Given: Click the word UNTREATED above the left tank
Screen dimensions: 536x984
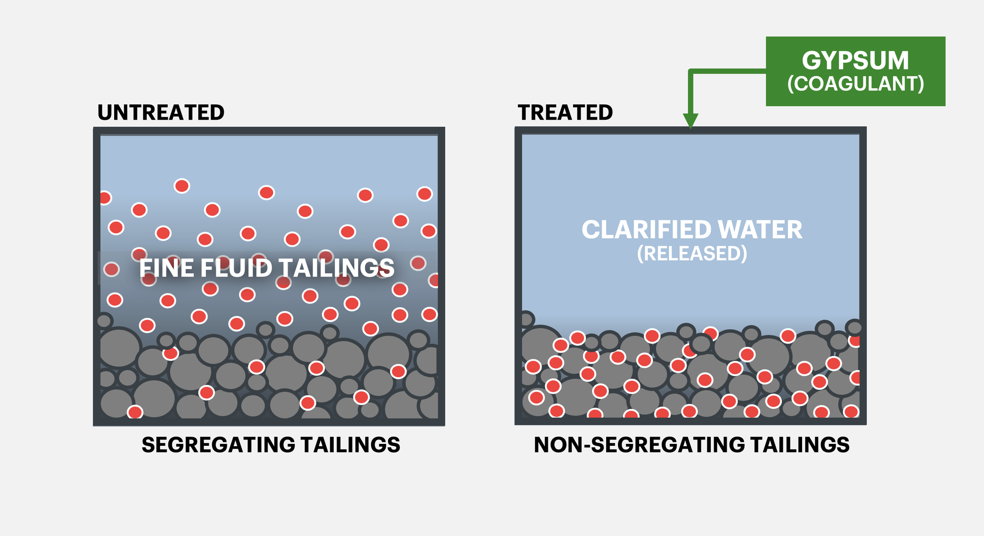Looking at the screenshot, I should (x=161, y=113).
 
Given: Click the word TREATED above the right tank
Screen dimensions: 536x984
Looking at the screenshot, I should (x=565, y=113).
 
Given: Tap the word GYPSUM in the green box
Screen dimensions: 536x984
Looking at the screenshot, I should (x=855, y=61).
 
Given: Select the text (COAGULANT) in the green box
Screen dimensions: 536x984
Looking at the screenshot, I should (x=855, y=83).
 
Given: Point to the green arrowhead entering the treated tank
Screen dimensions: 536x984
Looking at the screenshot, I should (x=690, y=121).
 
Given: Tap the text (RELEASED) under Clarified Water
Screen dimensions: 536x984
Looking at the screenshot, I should (x=692, y=254).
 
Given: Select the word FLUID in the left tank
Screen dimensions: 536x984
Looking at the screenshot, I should (x=236, y=268).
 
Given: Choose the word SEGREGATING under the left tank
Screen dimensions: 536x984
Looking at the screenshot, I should (x=218, y=445).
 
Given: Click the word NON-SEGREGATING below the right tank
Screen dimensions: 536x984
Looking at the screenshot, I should (x=639, y=445).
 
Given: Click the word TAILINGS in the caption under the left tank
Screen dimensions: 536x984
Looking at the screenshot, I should (x=350, y=445).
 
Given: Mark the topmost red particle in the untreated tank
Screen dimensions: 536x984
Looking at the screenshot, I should (x=182, y=186).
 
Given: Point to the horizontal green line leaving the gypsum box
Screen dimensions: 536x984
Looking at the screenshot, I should (x=728, y=71).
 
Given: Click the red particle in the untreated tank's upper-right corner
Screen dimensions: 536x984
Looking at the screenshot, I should (x=424, y=194).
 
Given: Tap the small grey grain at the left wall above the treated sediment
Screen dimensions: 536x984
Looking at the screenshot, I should (x=527, y=319).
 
